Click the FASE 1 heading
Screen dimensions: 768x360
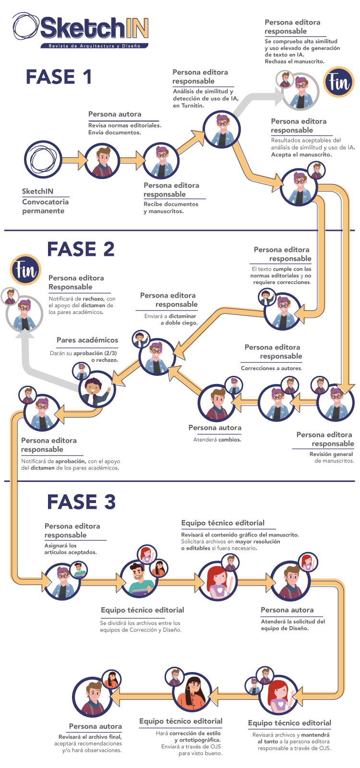[59, 77]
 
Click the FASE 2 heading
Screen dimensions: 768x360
[81, 249]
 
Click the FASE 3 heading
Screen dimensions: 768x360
[81, 502]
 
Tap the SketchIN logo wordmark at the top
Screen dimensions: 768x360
[94, 28]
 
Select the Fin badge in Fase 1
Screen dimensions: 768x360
[339, 82]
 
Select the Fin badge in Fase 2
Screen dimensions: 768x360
[25, 270]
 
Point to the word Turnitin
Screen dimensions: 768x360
[193, 106]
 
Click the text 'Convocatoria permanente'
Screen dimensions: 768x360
[45, 206]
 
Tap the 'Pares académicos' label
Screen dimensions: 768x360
[87, 340]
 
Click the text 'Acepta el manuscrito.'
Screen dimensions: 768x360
[301, 155]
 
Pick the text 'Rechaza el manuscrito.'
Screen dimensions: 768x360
[294, 61]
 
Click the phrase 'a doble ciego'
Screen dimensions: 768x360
[179, 323]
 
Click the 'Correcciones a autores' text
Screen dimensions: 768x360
[271, 368]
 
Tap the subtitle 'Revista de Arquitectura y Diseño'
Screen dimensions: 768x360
[94, 46]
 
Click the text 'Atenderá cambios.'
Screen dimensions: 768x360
[217, 439]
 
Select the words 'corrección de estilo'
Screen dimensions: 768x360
[195, 733]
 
